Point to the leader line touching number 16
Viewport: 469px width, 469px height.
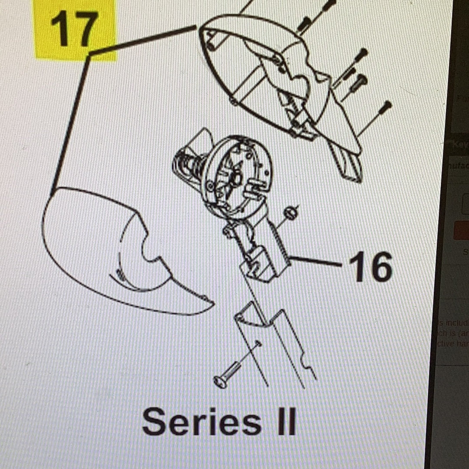(317, 261)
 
